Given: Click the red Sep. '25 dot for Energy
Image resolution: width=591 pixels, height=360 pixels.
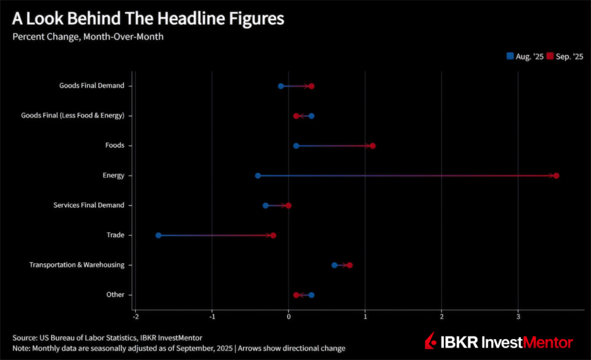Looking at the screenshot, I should tap(556, 176).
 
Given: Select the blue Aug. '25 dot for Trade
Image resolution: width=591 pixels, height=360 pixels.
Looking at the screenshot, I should tap(158, 236).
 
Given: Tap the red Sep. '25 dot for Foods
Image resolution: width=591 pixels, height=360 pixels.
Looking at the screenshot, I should tap(373, 146).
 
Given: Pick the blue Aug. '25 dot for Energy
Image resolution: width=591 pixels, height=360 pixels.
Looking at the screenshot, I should tap(258, 176).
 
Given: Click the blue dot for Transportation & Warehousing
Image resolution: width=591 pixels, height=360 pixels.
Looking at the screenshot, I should tap(335, 265).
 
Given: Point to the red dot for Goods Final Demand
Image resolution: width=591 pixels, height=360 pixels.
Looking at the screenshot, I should tap(311, 86).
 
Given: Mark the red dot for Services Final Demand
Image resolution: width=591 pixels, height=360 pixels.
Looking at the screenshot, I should tap(289, 205).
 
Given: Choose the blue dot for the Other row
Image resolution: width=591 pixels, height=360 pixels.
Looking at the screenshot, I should tap(311, 295).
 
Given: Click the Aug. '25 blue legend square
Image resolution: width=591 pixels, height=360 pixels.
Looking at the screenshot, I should tap(510, 56).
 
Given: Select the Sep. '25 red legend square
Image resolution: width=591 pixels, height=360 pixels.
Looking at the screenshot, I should tap(550, 56).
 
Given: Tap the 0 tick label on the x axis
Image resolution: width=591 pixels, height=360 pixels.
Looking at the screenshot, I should tap(289, 316).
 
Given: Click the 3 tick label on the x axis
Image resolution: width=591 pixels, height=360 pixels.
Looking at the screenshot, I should tap(518, 316).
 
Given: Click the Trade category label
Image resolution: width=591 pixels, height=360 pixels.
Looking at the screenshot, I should tap(115, 235).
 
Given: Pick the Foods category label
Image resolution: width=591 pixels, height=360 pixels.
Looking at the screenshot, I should tap(114, 145).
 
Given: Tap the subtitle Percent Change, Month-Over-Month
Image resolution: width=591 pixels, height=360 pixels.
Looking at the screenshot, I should tap(88, 37).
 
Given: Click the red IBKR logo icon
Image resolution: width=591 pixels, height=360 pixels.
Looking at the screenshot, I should tap(431, 342).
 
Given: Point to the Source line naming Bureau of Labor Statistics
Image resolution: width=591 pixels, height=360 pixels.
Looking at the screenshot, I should tap(107, 338).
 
